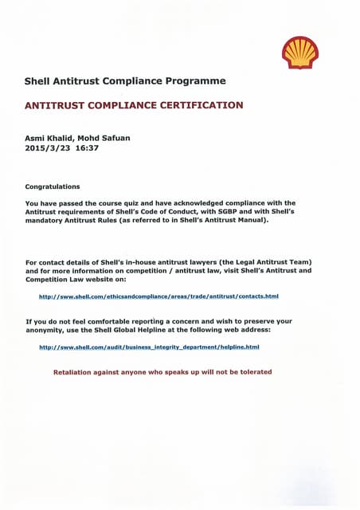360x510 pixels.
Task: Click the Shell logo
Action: [x=299, y=53]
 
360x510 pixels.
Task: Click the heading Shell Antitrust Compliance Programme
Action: [x=125, y=81]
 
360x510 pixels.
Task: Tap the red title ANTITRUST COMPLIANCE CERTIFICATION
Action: [x=135, y=105]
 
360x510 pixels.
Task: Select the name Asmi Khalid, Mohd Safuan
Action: [x=78, y=138]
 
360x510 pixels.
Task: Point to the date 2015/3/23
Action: [x=48, y=148]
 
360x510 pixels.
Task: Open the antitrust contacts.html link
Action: [x=158, y=296]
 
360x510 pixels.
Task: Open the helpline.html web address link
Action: [x=150, y=347]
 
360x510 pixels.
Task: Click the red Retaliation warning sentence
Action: [x=162, y=372]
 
